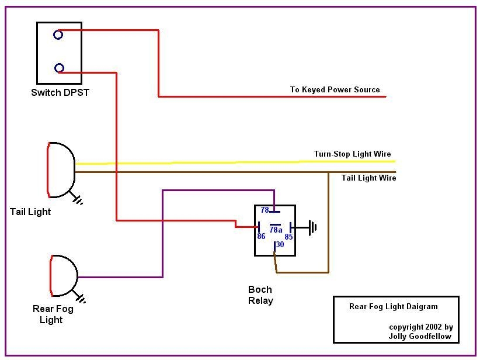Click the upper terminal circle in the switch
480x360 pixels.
58,35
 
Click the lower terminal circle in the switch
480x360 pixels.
59,68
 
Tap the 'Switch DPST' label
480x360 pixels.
60,92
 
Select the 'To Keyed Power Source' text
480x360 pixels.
335,89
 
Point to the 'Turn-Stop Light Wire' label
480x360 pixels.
352,154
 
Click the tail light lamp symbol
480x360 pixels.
61,169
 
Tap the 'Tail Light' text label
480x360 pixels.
30,212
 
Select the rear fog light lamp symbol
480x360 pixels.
62,276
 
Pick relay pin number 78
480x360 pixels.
265,210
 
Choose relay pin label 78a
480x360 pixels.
276,230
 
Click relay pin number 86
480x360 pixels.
261,236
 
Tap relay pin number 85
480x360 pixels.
288,237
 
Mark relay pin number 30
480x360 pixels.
280,245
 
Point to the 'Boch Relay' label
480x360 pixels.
260,295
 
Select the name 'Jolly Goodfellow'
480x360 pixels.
419,337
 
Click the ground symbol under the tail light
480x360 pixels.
78,199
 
